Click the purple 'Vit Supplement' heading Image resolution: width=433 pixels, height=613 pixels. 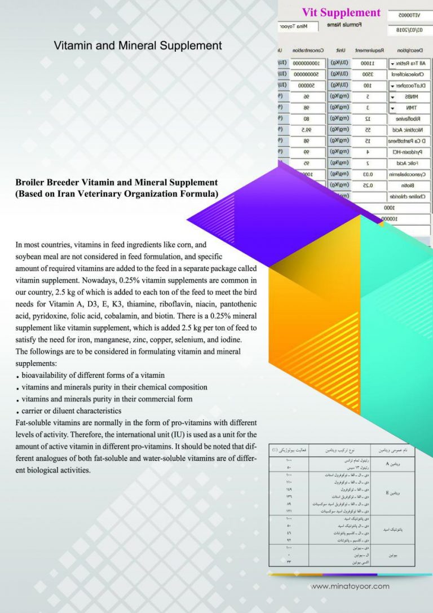coord(341,12)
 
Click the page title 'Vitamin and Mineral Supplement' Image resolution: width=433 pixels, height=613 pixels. coord(138,46)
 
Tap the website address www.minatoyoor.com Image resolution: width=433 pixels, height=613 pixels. coord(350,586)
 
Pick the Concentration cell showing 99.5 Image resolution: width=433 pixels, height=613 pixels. coord(306,129)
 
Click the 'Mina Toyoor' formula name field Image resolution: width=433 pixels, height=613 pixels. coord(299,27)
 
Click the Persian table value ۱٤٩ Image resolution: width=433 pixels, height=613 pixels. coord(288,490)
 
